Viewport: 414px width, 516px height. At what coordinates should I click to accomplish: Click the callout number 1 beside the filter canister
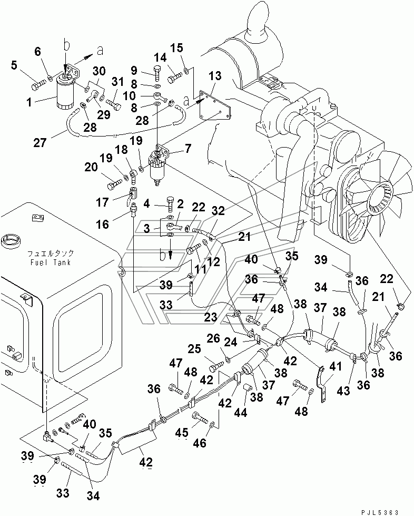pyautogui.click(x=29, y=102)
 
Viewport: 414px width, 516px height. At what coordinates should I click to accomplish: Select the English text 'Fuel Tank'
pyautogui.click(x=51, y=262)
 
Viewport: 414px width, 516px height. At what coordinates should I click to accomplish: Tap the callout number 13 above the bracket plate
pyautogui.click(x=215, y=76)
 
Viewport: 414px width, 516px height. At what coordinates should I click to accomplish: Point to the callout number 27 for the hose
pyautogui.click(x=40, y=142)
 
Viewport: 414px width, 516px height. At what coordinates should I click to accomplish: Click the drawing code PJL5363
pyautogui.click(x=380, y=512)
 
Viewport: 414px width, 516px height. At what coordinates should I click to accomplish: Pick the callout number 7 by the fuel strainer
pyautogui.click(x=188, y=149)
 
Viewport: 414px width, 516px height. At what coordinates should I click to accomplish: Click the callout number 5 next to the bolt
pyautogui.click(x=14, y=65)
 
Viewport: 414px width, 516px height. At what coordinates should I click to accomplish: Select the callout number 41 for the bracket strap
pyautogui.click(x=336, y=366)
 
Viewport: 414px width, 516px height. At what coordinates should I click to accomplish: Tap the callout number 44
pyautogui.click(x=240, y=412)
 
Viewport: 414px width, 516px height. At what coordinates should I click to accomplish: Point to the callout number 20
pyautogui.click(x=91, y=167)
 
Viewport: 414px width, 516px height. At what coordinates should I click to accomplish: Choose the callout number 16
pyautogui.click(x=102, y=225)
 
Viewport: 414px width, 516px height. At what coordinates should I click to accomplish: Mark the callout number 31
pyautogui.click(x=117, y=82)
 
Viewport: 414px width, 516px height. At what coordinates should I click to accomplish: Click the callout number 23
pyautogui.click(x=211, y=317)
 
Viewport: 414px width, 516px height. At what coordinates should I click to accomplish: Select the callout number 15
pyautogui.click(x=177, y=48)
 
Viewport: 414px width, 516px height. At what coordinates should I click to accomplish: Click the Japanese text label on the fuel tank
pyautogui.click(x=51, y=254)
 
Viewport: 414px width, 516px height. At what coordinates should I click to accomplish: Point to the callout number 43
pyautogui.click(x=343, y=391)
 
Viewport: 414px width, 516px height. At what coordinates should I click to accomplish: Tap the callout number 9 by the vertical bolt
pyautogui.click(x=134, y=71)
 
